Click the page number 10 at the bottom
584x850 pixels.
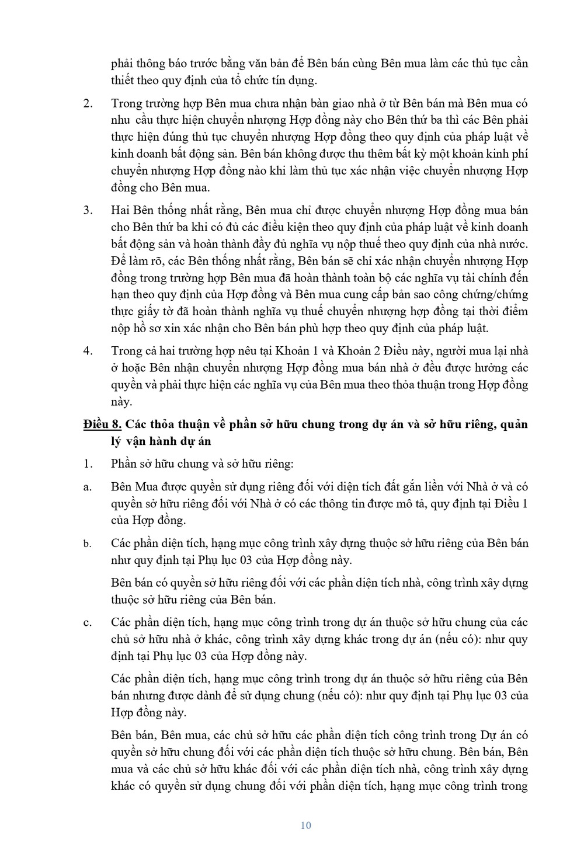coord(305,825)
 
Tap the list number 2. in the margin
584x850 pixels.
coord(88,103)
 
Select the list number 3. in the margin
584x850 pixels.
coord(88,210)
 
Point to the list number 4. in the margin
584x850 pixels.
coord(88,351)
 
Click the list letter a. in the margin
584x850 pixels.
coord(88,487)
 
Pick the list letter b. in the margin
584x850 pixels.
coord(88,544)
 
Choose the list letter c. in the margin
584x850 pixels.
coord(88,622)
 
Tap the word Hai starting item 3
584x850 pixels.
coord(120,210)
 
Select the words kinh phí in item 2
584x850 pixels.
coord(507,154)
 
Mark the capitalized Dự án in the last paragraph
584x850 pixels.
coord(496,735)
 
